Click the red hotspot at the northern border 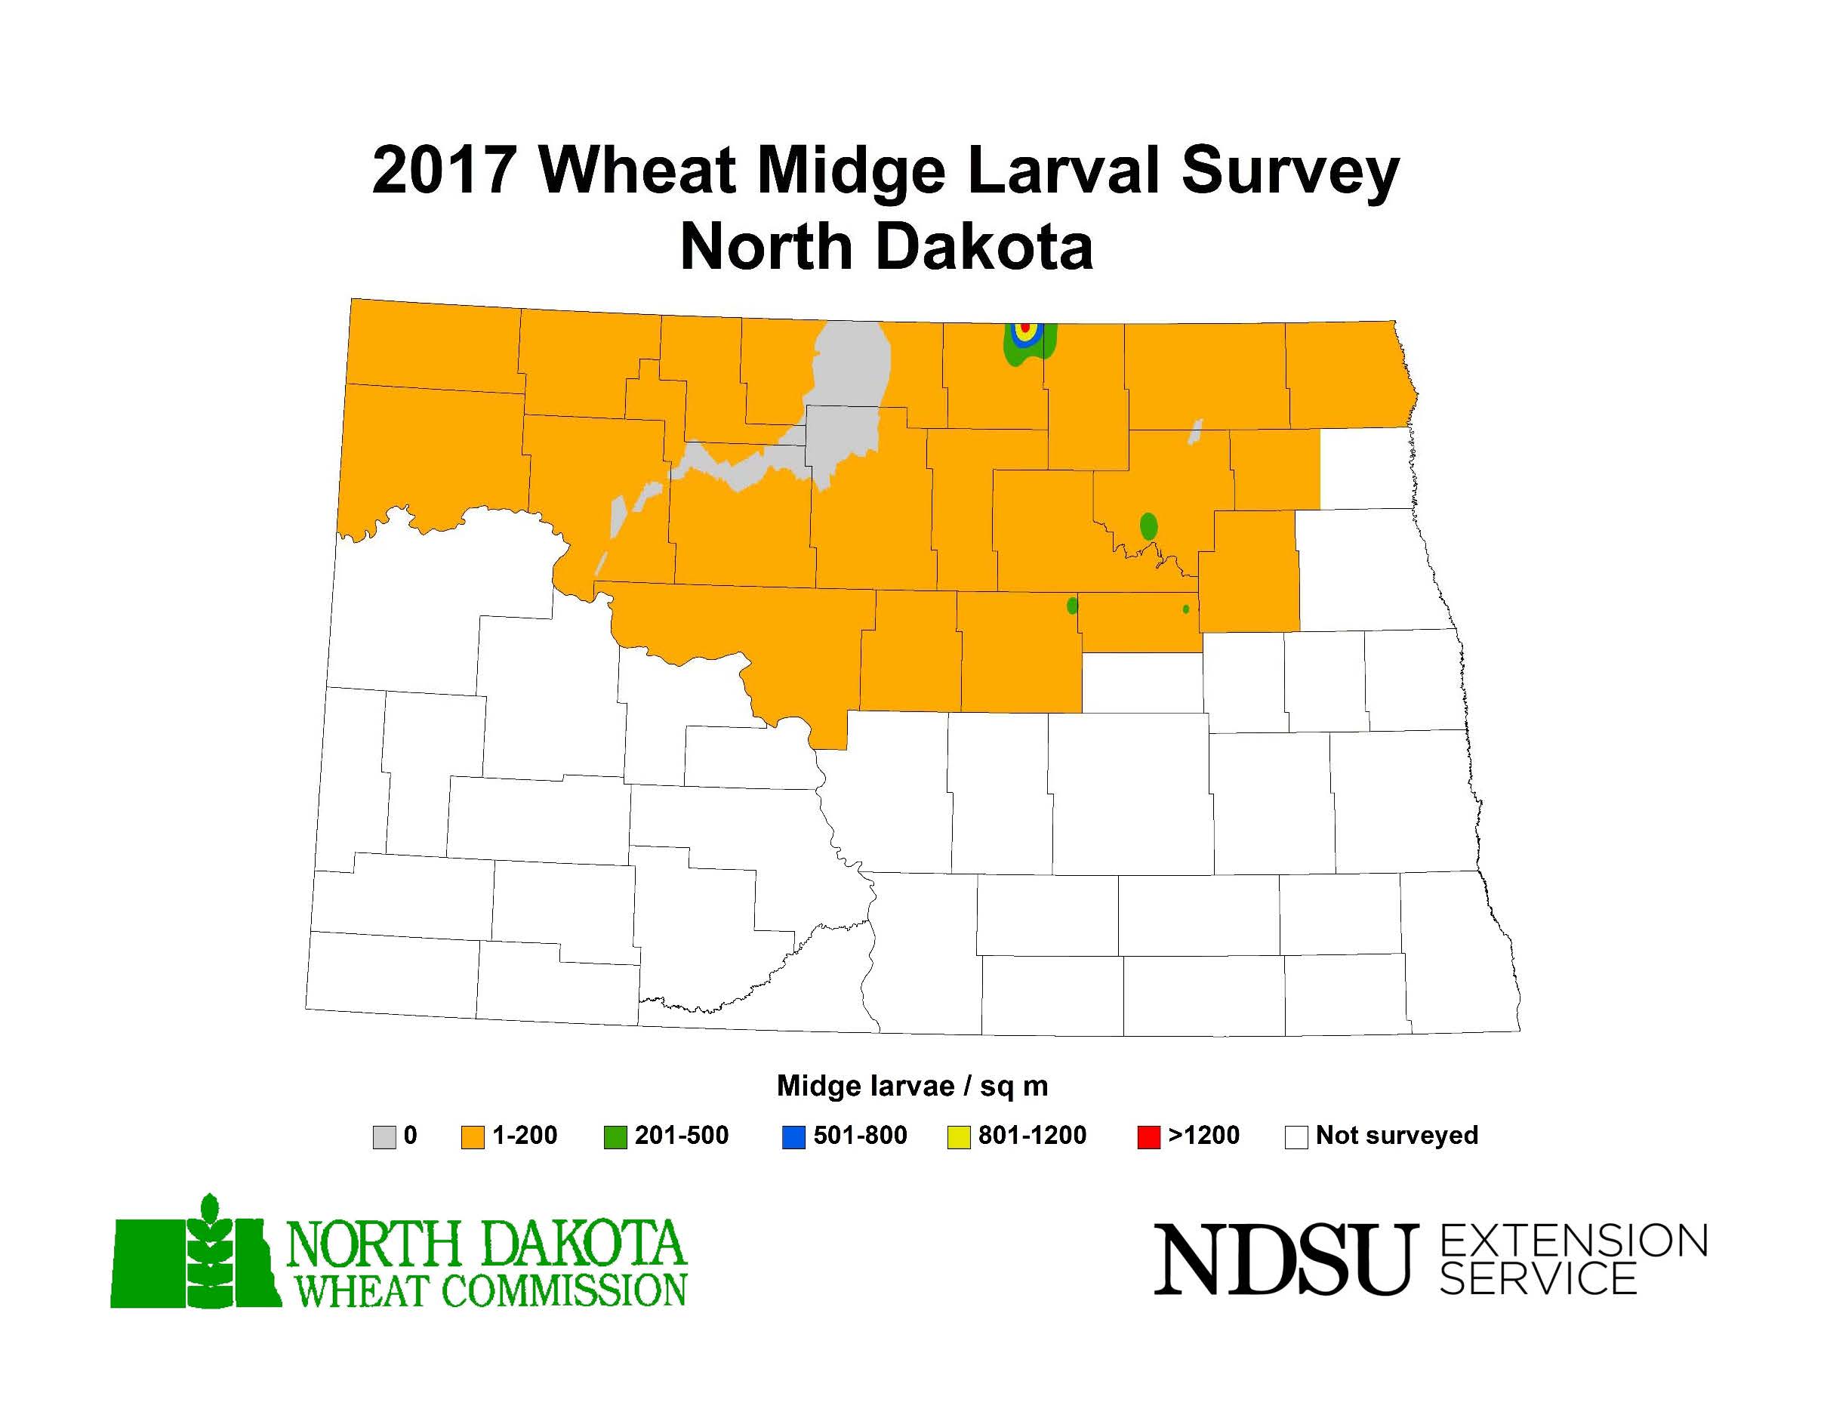point(1024,326)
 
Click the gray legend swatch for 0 point(384,1137)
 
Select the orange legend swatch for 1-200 point(473,1137)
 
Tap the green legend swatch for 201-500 point(615,1137)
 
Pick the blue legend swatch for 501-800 point(793,1137)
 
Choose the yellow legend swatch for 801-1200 point(958,1137)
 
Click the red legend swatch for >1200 point(1148,1137)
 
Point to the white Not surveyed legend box point(1296,1137)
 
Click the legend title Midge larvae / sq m point(912,1086)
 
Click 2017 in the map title point(442,171)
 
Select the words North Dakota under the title point(887,248)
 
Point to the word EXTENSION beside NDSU point(1573,1241)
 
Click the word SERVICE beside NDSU point(1538,1278)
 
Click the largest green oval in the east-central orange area point(1148,526)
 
